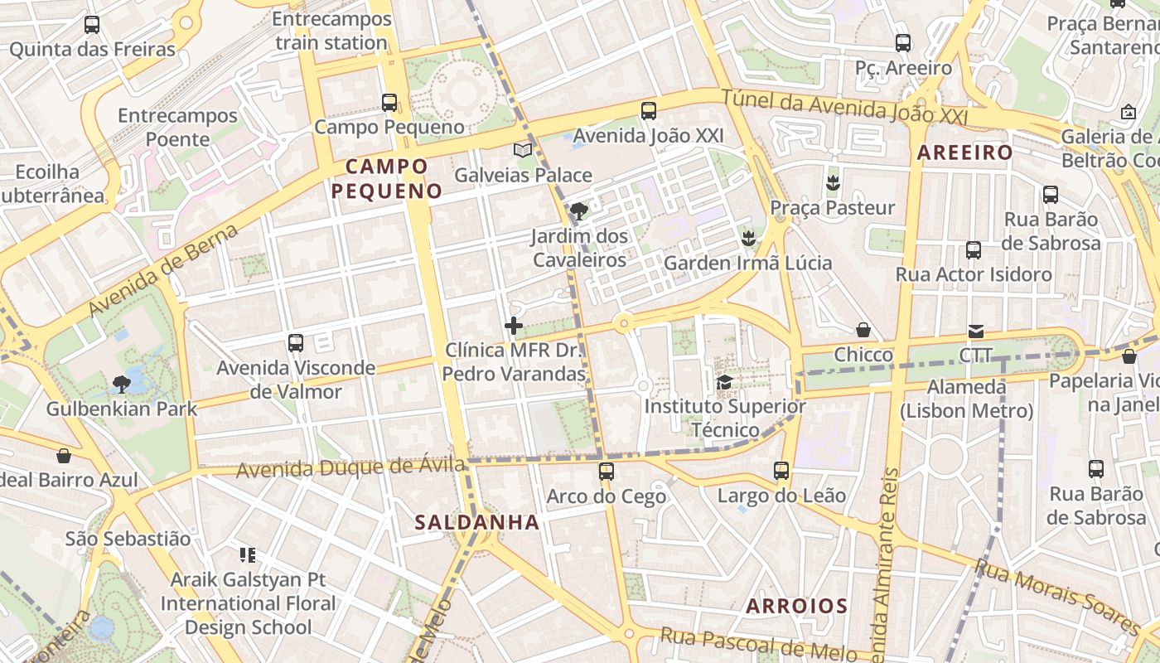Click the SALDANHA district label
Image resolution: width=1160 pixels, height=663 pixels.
[477, 522]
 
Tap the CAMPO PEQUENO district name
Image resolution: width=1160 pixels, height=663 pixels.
[387, 178]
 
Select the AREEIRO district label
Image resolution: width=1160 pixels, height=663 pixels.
[964, 152]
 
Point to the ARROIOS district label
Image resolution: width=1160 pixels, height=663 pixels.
[796, 606]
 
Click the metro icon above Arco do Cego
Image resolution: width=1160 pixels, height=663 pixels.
[607, 472]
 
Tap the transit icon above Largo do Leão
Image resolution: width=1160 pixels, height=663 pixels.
[781, 471]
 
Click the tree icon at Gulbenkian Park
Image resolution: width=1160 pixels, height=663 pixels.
[121, 384]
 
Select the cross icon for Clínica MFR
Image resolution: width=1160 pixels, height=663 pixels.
[514, 326]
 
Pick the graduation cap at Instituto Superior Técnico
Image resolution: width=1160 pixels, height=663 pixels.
[725, 382]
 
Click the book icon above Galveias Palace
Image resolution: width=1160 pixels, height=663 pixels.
[523, 150]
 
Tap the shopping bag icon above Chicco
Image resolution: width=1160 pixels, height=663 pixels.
[863, 330]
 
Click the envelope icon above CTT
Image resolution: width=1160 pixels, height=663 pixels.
[975, 331]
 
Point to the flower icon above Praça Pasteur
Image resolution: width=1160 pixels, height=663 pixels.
[833, 182]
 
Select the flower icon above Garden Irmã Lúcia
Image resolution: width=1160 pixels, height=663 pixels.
[748, 239]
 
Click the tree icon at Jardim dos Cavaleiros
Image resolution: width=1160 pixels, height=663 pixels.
[579, 211]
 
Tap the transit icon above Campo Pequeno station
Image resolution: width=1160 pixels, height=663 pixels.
[389, 103]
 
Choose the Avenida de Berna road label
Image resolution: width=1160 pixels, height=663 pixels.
[163, 269]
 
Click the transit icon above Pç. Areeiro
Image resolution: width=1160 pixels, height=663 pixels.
[903, 43]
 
